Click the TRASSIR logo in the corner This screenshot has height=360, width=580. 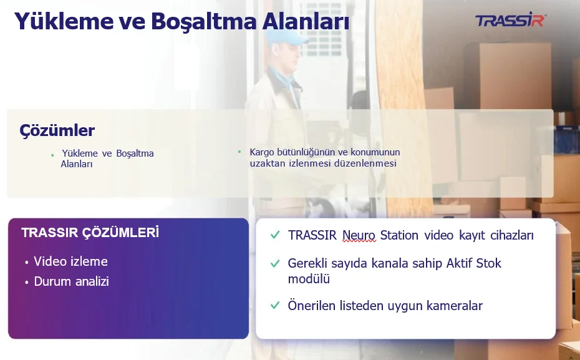[511, 20]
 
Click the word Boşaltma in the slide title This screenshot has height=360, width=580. [203, 21]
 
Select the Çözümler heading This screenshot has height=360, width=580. [57, 130]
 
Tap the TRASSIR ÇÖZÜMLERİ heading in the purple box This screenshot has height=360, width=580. [90, 232]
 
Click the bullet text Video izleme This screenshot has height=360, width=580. [70, 261]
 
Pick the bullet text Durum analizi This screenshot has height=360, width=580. [71, 281]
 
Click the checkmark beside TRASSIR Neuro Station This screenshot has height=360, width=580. [275, 235]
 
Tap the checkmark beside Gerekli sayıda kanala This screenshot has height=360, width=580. [275, 263]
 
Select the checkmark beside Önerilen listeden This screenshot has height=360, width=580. [275, 305]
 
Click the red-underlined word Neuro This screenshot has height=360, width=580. [359, 235]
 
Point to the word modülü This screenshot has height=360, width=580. [309, 279]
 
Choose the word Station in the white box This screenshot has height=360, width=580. [399, 235]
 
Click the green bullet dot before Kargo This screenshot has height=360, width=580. [239, 152]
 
